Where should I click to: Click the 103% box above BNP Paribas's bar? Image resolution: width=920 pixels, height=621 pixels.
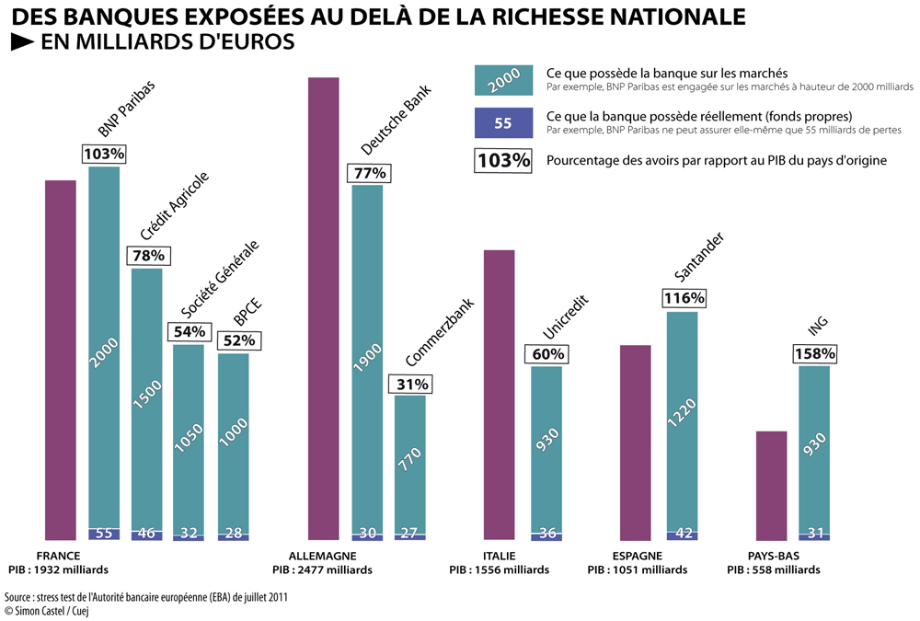[x=105, y=154]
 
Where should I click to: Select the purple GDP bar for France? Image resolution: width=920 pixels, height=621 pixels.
[x=61, y=360]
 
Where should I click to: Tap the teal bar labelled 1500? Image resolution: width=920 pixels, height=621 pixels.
[x=146, y=398]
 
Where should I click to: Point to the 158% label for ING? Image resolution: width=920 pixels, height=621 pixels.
[x=815, y=353]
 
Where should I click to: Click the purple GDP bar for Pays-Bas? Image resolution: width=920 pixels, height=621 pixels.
[x=772, y=486]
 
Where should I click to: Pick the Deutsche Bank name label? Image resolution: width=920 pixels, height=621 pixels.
[x=396, y=120]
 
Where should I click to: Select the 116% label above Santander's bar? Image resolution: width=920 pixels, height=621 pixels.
[x=684, y=298]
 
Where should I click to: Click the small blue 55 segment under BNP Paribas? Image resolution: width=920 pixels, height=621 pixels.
[x=104, y=535]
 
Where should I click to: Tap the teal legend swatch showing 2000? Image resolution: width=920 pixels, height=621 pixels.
[x=504, y=80]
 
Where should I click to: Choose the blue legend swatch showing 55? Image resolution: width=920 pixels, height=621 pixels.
[x=504, y=122]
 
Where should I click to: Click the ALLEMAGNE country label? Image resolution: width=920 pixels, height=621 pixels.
[x=322, y=556]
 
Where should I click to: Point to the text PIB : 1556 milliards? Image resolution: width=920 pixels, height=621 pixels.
[x=500, y=569]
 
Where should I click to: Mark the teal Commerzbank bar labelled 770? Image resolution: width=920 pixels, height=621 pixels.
[x=410, y=465]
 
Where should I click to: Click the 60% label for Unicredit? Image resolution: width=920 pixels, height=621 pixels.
[x=548, y=354]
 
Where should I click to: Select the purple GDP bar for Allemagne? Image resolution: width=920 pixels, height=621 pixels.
[x=324, y=309]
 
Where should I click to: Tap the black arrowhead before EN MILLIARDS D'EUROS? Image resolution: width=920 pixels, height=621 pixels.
[x=22, y=41]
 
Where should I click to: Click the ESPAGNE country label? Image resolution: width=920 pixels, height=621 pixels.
[x=638, y=556]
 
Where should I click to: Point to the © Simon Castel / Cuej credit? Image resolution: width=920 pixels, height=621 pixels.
[x=46, y=611]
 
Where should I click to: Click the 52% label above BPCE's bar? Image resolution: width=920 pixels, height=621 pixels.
[x=239, y=340]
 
